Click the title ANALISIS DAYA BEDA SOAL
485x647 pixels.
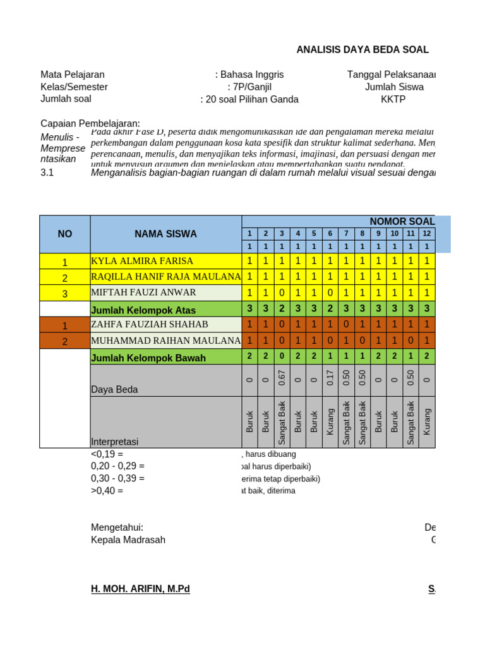362,50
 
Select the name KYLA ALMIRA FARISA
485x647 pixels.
142,261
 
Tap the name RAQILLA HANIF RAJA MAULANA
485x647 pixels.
165,277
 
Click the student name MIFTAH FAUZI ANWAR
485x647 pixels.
143,293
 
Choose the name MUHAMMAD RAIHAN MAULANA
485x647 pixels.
165,341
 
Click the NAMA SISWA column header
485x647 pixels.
165,234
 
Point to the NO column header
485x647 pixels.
64,234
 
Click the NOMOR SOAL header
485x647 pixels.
402,221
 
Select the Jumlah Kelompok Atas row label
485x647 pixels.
143,310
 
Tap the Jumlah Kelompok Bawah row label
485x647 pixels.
148,358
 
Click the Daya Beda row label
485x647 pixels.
114,390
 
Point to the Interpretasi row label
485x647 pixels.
114,442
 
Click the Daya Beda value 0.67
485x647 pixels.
282,377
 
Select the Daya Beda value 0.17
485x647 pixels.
330,377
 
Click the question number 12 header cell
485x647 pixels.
427,234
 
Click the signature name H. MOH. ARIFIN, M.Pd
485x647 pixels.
140,589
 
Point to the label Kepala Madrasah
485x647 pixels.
128,540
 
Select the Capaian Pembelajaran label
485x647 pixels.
90,123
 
